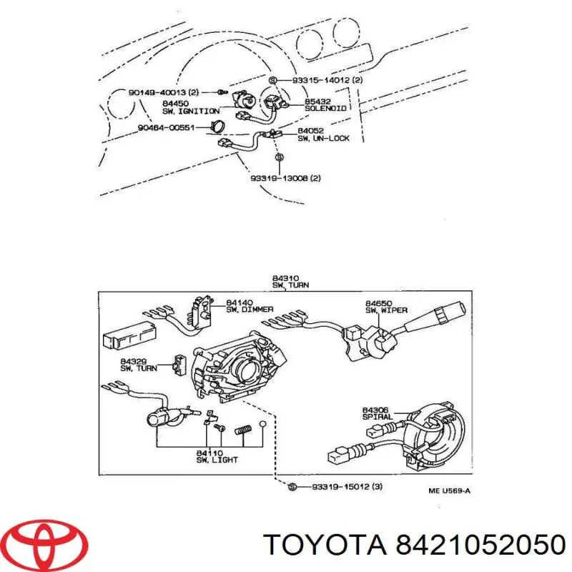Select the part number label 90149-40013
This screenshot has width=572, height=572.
(x=159, y=92)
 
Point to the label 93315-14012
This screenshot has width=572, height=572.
(x=321, y=80)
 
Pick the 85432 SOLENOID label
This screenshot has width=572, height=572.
(x=325, y=104)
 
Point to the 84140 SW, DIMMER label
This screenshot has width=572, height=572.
(x=242, y=306)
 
